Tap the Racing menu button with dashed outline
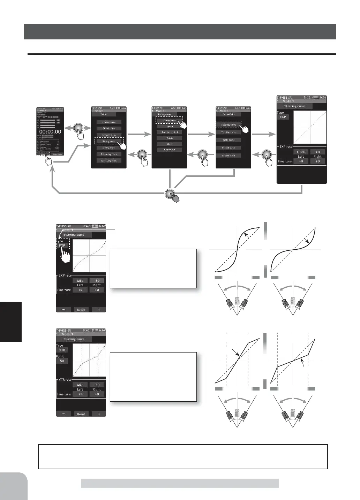pyautogui.click(x=109, y=141)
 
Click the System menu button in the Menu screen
pyautogui.click(x=109, y=122)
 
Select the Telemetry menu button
pyautogui.click(x=109, y=154)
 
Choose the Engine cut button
pyautogui.click(x=170, y=150)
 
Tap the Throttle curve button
pyautogui.click(x=228, y=132)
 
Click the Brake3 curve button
pyautogui.click(x=228, y=156)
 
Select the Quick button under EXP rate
pyautogui.click(x=301, y=152)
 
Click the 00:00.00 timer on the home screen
pyautogui.click(x=50, y=132)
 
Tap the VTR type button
pyautogui.click(x=62, y=350)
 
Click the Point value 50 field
pyautogui.click(x=62, y=361)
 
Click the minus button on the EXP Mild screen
pyautogui.click(x=63, y=310)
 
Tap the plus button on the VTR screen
pyautogui.click(x=99, y=414)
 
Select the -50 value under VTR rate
pyautogui.click(x=97, y=385)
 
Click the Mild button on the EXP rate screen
pyautogui.click(x=80, y=281)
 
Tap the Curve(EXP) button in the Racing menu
pyautogui.click(x=170, y=120)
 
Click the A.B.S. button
pyautogui.click(x=170, y=138)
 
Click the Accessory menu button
pyautogui.click(x=109, y=161)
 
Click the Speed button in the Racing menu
pyautogui.click(x=170, y=127)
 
